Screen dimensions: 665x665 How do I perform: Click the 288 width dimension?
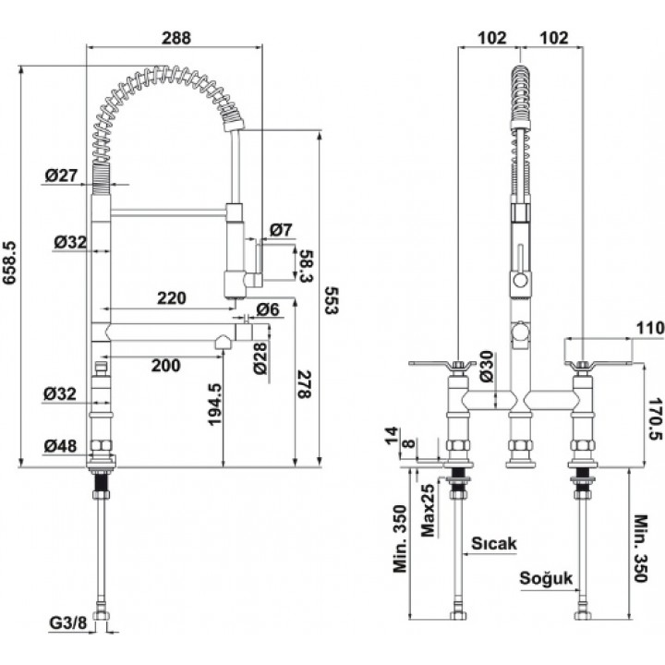tap(176, 38)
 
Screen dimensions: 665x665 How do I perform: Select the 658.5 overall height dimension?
tap(9, 262)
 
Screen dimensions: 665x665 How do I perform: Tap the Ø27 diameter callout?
tap(62, 175)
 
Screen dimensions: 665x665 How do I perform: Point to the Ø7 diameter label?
tap(281, 230)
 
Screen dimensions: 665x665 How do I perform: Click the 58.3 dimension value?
tap(307, 266)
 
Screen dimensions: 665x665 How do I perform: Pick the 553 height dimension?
tap(332, 300)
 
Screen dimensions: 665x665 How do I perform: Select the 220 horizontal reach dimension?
tap(172, 298)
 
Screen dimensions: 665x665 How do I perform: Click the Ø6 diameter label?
tap(268, 309)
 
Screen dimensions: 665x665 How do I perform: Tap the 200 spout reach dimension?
tap(166, 365)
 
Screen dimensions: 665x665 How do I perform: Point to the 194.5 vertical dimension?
tap(214, 405)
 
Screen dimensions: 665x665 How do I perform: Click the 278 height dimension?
tap(304, 384)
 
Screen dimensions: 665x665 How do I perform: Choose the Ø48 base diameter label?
tap(61, 446)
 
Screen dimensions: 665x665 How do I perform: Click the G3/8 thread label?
tap(67, 623)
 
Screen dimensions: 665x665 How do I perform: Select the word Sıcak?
tap(494, 543)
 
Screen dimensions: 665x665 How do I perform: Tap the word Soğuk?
tap(546, 578)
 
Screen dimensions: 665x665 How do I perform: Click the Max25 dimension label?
tap(428, 510)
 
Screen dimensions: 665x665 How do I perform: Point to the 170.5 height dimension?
tap(655, 418)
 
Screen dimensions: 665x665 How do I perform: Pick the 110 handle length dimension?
tap(649, 328)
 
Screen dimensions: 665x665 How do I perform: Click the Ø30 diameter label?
tap(487, 367)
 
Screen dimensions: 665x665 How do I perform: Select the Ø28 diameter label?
tap(260, 358)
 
